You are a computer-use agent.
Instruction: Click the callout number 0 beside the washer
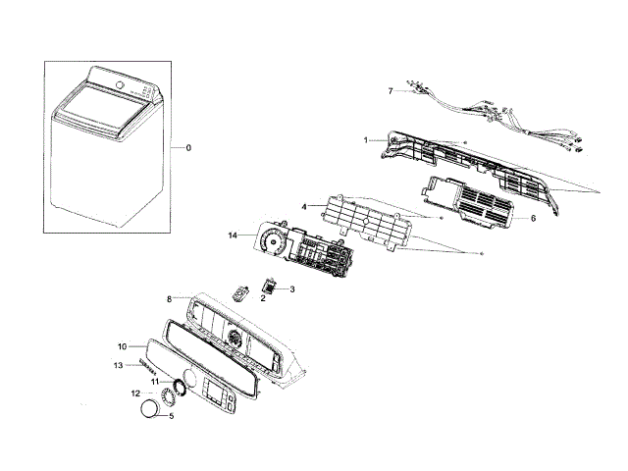click(x=189, y=148)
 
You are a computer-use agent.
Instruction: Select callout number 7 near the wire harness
click(x=390, y=91)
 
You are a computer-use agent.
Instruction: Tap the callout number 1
click(x=366, y=140)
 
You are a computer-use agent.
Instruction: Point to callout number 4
click(x=305, y=207)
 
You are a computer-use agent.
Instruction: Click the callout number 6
click(x=532, y=218)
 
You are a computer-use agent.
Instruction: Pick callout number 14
click(x=233, y=235)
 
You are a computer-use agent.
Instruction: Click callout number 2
click(x=262, y=299)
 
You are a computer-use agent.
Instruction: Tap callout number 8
click(x=169, y=298)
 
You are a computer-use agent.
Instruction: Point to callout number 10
click(x=123, y=346)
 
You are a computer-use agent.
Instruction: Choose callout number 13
click(x=118, y=366)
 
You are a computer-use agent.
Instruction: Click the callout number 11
click(x=154, y=381)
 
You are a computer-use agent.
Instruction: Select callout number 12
click(x=136, y=393)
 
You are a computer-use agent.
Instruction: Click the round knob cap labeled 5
click(x=148, y=409)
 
